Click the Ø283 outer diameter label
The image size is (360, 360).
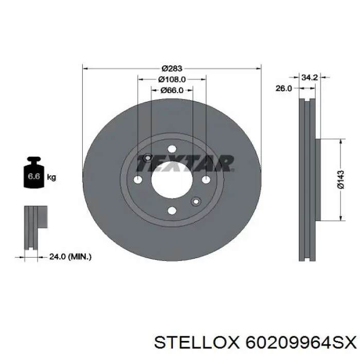click(172, 68)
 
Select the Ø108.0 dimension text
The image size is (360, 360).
click(172, 79)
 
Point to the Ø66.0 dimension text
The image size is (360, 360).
click(172, 90)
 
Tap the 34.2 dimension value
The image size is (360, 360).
click(309, 78)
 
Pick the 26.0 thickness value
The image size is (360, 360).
click(283, 88)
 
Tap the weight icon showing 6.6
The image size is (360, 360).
click(33, 175)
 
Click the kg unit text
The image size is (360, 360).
click(51, 177)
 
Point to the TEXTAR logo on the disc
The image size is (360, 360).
click(184, 164)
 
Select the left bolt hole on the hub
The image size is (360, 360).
click(138, 179)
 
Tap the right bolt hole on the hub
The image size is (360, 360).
click(206, 179)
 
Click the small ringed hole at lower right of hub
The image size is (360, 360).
click(195, 201)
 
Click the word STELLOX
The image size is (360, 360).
click(195, 341)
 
